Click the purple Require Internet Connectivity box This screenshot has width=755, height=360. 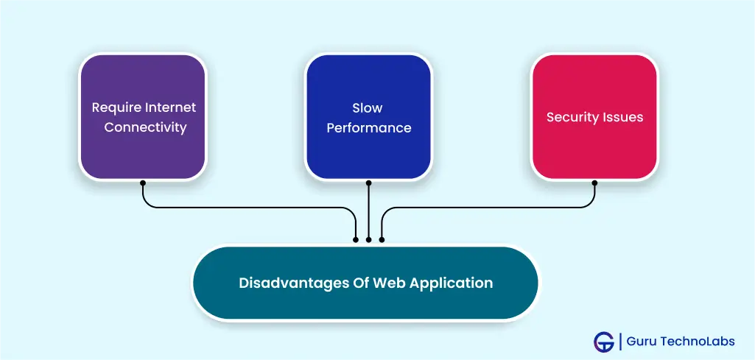coord(142,117)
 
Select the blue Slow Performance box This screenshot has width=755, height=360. coord(368,117)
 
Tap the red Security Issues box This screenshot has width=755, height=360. coord(594,117)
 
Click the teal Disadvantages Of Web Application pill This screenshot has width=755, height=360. coord(366,283)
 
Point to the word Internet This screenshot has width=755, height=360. coord(171,107)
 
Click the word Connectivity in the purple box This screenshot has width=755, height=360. coord(145,127)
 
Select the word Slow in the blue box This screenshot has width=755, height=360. coord(368,107)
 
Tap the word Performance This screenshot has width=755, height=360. coord(369,128)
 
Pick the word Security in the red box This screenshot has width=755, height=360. coord(570,118)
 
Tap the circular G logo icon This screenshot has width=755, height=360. coord(604,342)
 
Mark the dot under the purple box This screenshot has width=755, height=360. coord(142,183)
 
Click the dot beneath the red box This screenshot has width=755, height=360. coord(594,183)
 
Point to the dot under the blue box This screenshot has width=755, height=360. coord(368,183)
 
